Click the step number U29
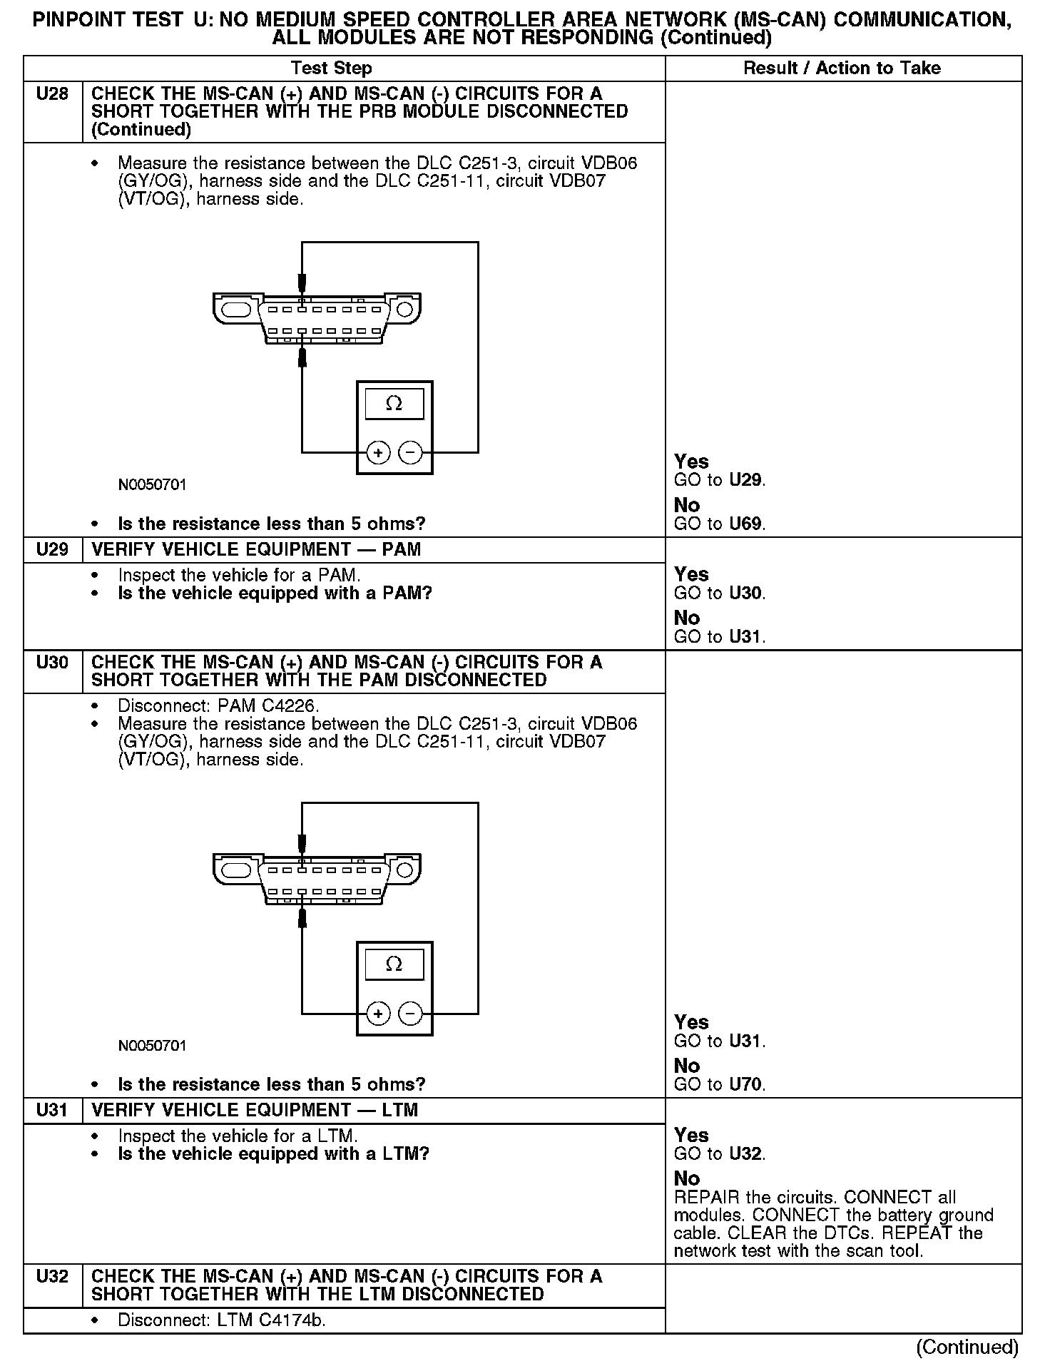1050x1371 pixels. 52,549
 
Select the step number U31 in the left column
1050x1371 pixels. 52,1110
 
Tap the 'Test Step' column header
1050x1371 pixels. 331,68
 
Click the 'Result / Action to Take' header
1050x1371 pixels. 842,68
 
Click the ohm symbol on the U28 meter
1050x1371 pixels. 394,404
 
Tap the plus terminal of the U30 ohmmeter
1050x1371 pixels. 378,1013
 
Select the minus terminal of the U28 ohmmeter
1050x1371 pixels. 409,452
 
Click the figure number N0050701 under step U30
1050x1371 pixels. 153,1046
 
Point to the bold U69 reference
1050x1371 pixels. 746,524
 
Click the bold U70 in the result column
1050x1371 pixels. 746,1085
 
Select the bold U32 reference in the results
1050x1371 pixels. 746,1154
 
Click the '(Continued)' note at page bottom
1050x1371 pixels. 967,1347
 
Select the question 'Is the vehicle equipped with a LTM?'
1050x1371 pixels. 273,1154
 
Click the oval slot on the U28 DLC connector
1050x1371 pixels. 236,310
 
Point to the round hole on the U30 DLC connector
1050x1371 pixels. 404,870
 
